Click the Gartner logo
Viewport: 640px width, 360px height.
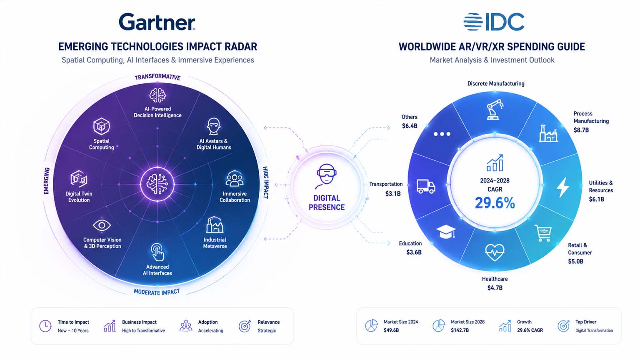[x=157, y=22]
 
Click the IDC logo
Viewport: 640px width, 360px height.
[x=494, y=22]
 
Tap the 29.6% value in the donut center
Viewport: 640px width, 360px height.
[x=495, y=203]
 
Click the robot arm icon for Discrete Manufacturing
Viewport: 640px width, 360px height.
[x=495, y=109]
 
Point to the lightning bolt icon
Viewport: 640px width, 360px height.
[x=563, y=187]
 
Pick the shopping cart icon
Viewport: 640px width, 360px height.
[x=543, y=233]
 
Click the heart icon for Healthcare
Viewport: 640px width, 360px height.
[x=495, y=252]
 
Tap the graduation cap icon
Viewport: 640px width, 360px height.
[x=446, y=232]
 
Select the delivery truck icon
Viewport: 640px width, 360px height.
[x=426, y=187]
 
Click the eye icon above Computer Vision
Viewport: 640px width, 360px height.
[x=102, y=225]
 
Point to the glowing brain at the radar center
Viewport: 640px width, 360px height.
[x=157, y=184]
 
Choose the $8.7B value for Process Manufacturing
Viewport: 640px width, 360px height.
[x=581, y=130]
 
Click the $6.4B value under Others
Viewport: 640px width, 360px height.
[x=410, y=126]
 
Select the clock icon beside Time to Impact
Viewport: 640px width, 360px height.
[x=45, y=326]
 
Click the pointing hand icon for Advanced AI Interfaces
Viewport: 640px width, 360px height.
[x=157, y=252]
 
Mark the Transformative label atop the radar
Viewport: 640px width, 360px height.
[x=157, y=77]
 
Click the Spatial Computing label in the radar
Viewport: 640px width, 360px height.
[x=101, y=144]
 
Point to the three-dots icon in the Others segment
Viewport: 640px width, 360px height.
[x=442, y=134]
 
